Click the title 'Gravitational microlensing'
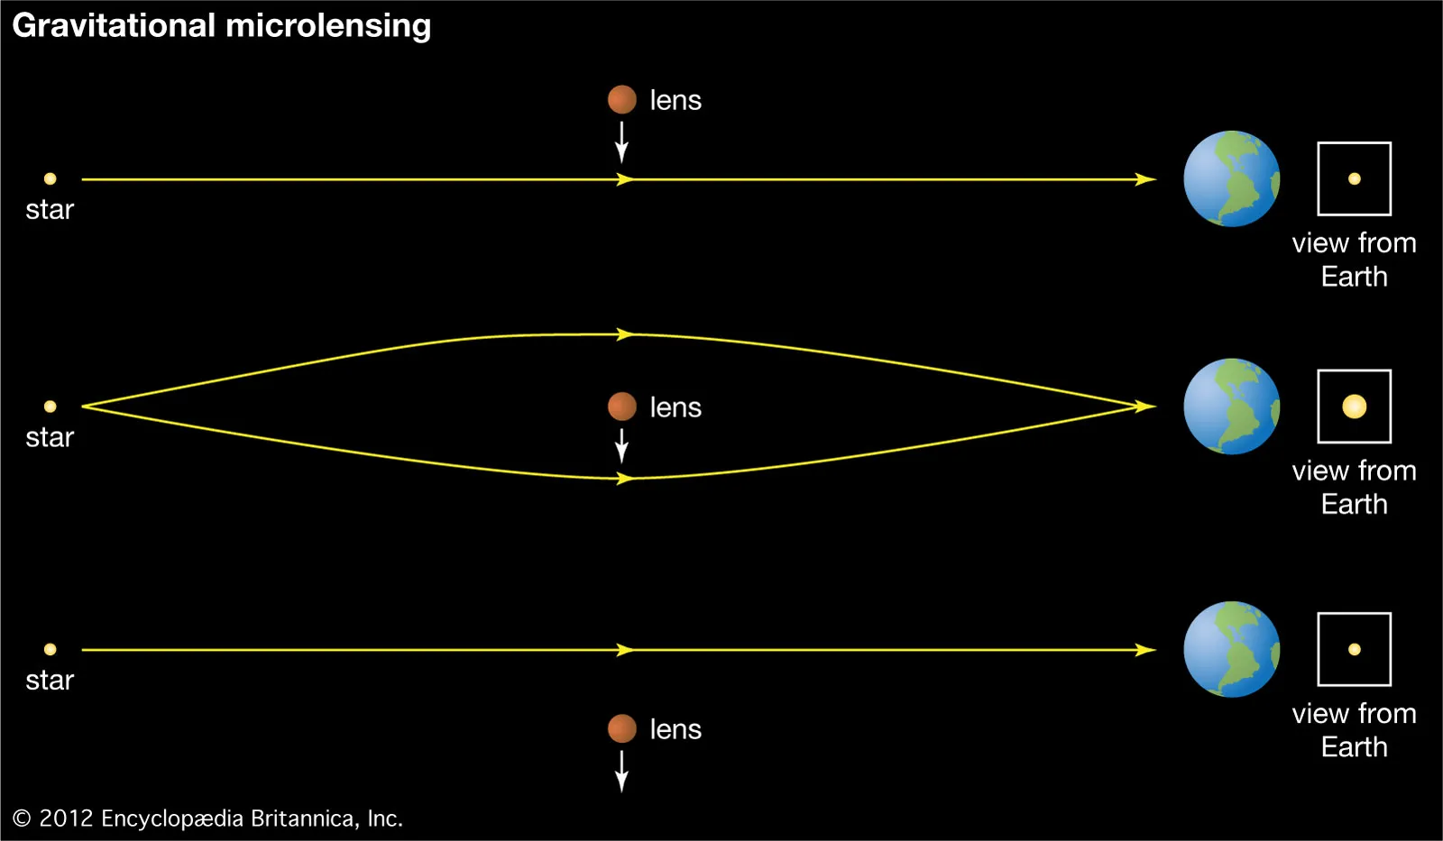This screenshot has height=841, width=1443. tap(222, 26)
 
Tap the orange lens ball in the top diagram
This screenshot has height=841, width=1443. tap(621, 100)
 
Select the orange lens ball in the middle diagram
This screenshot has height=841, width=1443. tap(621, 407)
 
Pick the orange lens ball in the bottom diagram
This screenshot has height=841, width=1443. tap(621, 728)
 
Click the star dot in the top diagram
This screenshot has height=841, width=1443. tap(50, 178)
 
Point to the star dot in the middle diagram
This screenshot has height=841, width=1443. tap(50, 407)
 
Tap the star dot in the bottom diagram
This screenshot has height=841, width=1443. tap(50, 649)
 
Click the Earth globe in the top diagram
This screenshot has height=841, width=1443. tap(1231, 178)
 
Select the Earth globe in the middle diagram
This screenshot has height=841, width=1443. tap(1231, 407)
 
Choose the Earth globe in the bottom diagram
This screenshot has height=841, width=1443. tap(1231, 649)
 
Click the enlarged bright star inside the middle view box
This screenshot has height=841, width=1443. tap(1354, 407)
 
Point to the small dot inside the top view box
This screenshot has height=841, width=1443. tap(1354, 178)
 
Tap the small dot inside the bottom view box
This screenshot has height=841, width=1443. tap(1354, 649)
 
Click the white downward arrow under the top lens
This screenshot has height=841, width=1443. tap(621, 142)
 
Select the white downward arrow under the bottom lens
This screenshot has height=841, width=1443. tap(621, 772)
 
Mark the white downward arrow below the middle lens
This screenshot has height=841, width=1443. tap(621, 446)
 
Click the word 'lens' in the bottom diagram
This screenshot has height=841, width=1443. tap(676, 729)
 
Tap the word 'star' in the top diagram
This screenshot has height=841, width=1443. tap(50, 210)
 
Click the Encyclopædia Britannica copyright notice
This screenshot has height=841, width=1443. tap(207, 818)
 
